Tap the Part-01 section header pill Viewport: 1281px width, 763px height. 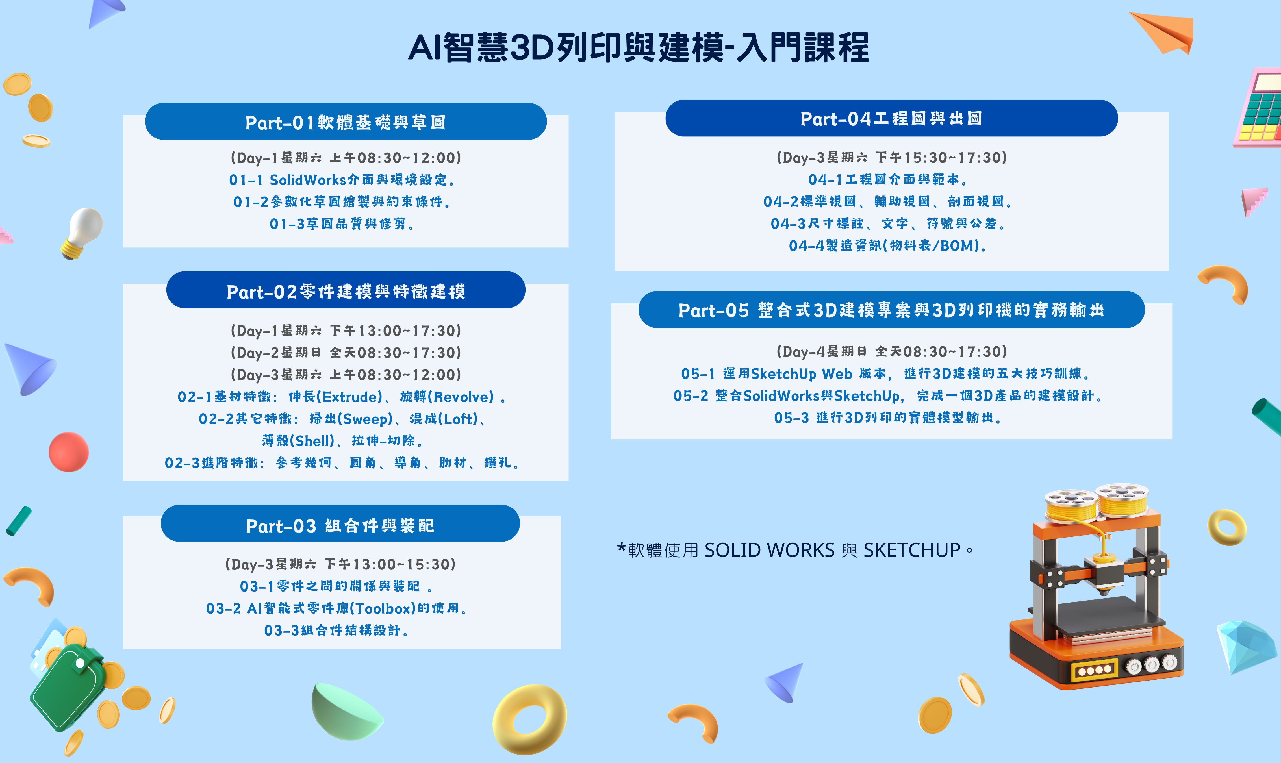346,121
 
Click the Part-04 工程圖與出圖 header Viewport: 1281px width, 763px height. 891,118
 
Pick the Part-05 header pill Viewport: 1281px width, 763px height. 891,310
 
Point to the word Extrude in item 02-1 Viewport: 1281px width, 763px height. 350,397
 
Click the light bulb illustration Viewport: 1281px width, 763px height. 82,232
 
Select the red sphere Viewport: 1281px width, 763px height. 68,452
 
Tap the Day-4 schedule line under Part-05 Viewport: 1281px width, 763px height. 891,352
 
